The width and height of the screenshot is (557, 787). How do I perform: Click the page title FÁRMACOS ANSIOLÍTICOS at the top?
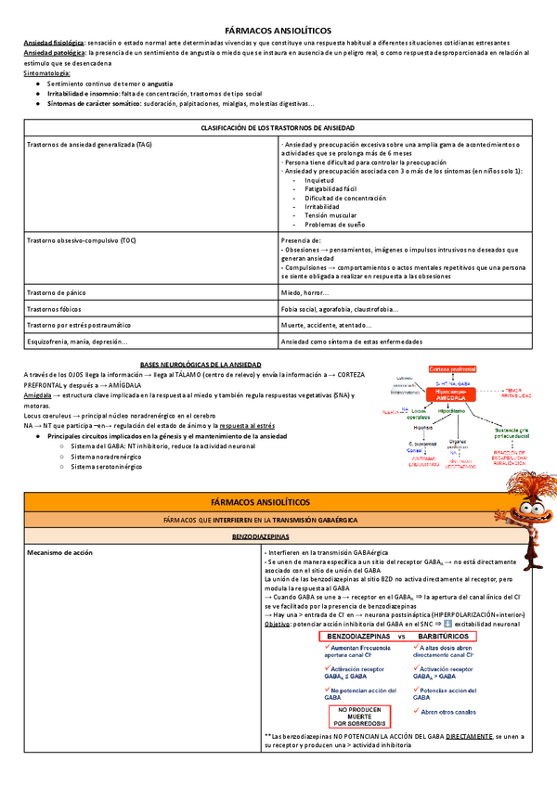[278, 30]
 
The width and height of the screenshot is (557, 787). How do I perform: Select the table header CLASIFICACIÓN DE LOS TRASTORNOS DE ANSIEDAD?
[278, 127]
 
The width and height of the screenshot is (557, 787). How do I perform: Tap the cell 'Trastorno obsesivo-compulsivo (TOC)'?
[82, 239]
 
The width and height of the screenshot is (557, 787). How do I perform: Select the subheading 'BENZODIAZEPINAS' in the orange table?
[278, 537]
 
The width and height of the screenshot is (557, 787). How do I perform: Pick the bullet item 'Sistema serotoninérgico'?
[107, 467]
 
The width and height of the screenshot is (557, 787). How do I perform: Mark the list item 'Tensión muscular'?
[330, 215]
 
